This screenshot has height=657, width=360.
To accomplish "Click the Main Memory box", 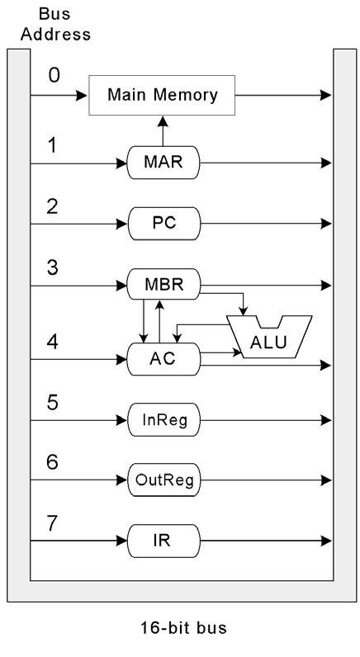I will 163,95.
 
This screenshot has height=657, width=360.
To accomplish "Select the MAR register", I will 163,163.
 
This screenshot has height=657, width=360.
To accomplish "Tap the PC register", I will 163,224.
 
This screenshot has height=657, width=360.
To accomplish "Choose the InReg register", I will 163,420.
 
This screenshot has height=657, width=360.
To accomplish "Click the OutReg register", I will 163,480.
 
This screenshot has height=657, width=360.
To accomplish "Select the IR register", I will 163,541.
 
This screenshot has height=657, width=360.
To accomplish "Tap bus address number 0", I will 54,75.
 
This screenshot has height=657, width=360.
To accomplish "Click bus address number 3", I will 54,266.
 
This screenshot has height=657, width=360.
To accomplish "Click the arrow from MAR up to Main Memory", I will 163,132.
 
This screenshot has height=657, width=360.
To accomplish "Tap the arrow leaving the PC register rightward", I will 264,224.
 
